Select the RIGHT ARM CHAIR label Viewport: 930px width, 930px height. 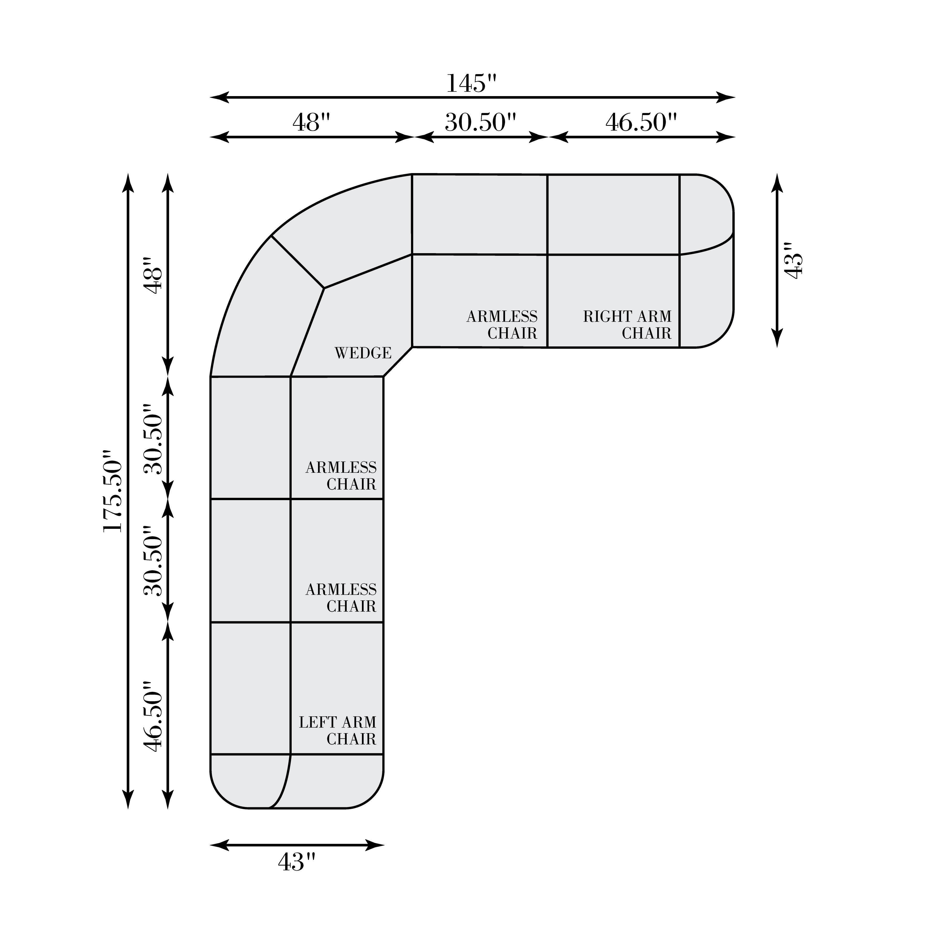coord(627,325)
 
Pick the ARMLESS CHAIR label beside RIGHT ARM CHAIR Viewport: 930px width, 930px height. coord(502,325)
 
